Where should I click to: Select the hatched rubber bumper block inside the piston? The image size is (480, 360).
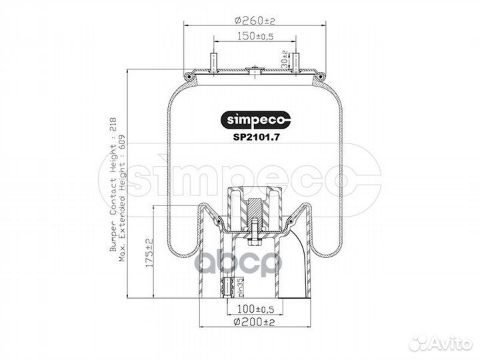coord(254,209)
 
